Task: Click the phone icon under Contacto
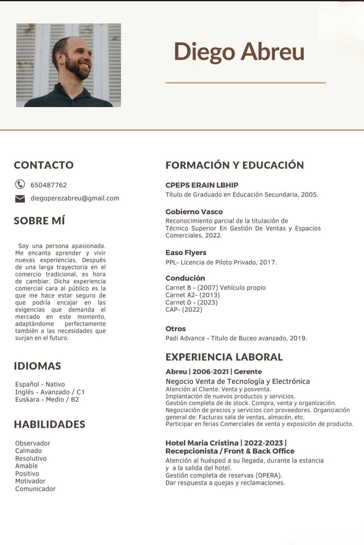(x=20, y=184)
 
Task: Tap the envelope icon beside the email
(x=20, y=199)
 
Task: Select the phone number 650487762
(x=49, y=185)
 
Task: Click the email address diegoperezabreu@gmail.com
(x=75, y=198)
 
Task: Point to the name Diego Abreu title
(x=239, y=52)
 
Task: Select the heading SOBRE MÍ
(x=39, y=221)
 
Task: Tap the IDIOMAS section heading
(x=37, y=366)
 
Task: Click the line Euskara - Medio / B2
(x=47, y=399)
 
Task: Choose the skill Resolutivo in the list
(x=31, y=458)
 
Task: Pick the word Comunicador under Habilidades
(x=35, y=489)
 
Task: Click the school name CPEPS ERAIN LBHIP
(x=202, y=185)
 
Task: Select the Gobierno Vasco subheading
(x=194, y=212)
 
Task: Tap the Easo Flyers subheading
(x=186, y=252)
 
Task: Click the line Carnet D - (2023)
(x=191, y=302)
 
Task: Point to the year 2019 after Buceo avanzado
(x=298, y=338)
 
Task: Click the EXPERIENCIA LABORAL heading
(x=224, y=357)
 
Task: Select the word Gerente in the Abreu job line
(x=248, y=371)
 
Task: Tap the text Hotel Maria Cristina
(x=202, y=443)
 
